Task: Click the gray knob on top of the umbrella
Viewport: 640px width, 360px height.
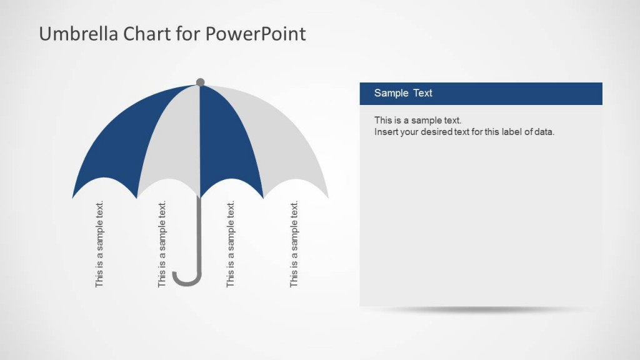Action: click(200, 82)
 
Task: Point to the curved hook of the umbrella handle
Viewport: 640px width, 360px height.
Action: click(186, 281)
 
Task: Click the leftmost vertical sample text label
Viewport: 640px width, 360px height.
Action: click(99, 244)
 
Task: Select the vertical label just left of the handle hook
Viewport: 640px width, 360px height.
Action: click(162, 244)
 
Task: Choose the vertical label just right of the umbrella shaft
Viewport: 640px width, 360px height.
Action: click(230, 244)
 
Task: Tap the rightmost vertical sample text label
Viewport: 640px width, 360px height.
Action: click(294, 244)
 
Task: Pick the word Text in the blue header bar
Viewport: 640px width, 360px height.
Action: click(422, 93)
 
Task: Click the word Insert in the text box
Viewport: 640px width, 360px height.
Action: click(385, 132)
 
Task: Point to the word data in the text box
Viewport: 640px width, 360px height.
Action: click(544, 132)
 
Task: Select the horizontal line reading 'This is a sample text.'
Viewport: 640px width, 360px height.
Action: click(417, 120)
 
